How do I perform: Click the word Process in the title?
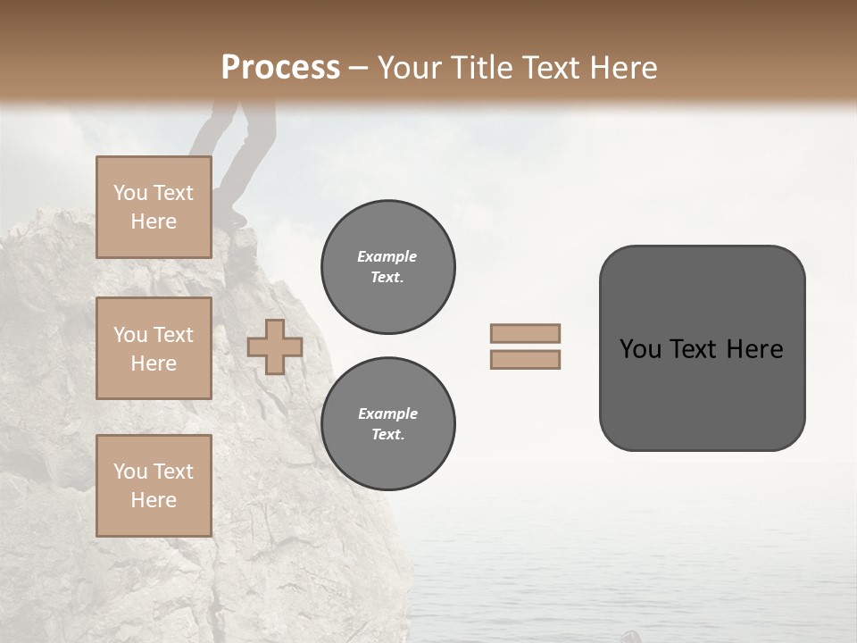pos(280,68)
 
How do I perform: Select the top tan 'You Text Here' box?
pos(154,207)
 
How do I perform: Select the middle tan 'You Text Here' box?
pos(154,348)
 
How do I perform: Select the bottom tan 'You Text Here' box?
pos(154,486)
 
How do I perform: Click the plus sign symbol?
pos(274,347)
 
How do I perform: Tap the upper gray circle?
pos(387,267)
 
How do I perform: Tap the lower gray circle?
pos(387,424)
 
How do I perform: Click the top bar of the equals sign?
pos(525,333)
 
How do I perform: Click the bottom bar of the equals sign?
pos(525,359)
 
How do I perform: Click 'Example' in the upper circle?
pos(387,256)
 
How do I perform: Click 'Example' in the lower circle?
pos(387,413)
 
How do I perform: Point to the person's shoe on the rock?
pos(237,217)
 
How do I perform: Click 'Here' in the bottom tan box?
pos(154,500)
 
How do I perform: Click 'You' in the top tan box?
pos(130,193)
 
